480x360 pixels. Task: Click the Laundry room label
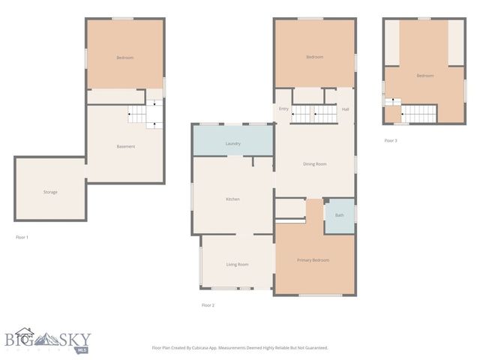coord(232,143)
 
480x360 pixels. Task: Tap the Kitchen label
coord(232,199)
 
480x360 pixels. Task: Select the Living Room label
coord(237,264)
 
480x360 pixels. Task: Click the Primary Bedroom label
coord(313,260)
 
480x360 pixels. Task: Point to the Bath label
coord(339,215)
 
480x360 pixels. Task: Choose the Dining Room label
coord(314,163)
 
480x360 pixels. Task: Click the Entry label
coord(283,109)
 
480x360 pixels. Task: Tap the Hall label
coord(345,109)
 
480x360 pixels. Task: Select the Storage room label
coord(50,192)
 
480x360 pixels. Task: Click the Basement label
coord(126,146)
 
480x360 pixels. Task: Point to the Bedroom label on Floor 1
coord(124,58)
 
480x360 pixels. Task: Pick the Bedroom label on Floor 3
coord(425,76)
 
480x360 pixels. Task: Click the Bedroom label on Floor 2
coord(314,58)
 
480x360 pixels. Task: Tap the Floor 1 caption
coord(22,237)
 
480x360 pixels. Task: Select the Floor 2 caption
coord(208,305)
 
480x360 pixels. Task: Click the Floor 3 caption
coord(390,140)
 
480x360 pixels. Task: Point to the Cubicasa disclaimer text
coord(239,347)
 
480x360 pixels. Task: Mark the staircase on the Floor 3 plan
coord(418,113)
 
